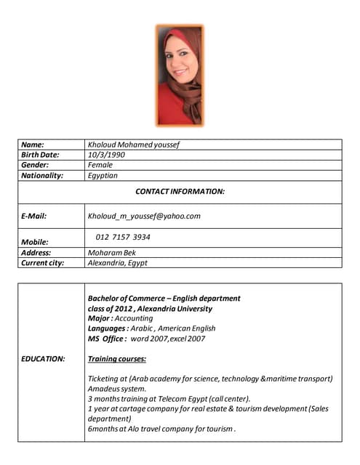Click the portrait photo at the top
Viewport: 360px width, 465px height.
[x=180, y=75]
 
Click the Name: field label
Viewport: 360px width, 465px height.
[x=33, y=145]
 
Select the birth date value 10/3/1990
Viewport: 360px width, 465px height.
[x=106, y=155]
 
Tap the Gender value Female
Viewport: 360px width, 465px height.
[x=100, y=165]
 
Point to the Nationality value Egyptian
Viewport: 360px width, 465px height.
[x=103, y=175]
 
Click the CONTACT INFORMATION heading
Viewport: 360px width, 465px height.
[x=180, y=191]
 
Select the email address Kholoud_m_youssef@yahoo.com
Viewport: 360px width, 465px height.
[x=144, y=216]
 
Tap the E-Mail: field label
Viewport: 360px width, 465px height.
[x=35, y=216]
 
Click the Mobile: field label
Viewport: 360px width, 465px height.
[x=35, y=242]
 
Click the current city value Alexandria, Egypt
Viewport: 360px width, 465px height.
[x=117, y=263]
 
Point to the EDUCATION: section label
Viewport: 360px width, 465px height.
[x=43, y=359]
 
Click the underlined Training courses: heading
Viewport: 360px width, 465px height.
[x=117, y=359]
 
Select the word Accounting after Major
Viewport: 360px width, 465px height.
[x=135, y=318]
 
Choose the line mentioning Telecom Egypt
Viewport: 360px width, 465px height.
[x=169, y=399]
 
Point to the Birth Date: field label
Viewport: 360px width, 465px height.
[x=40, y=155]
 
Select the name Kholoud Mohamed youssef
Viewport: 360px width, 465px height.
[x=133, y=145]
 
